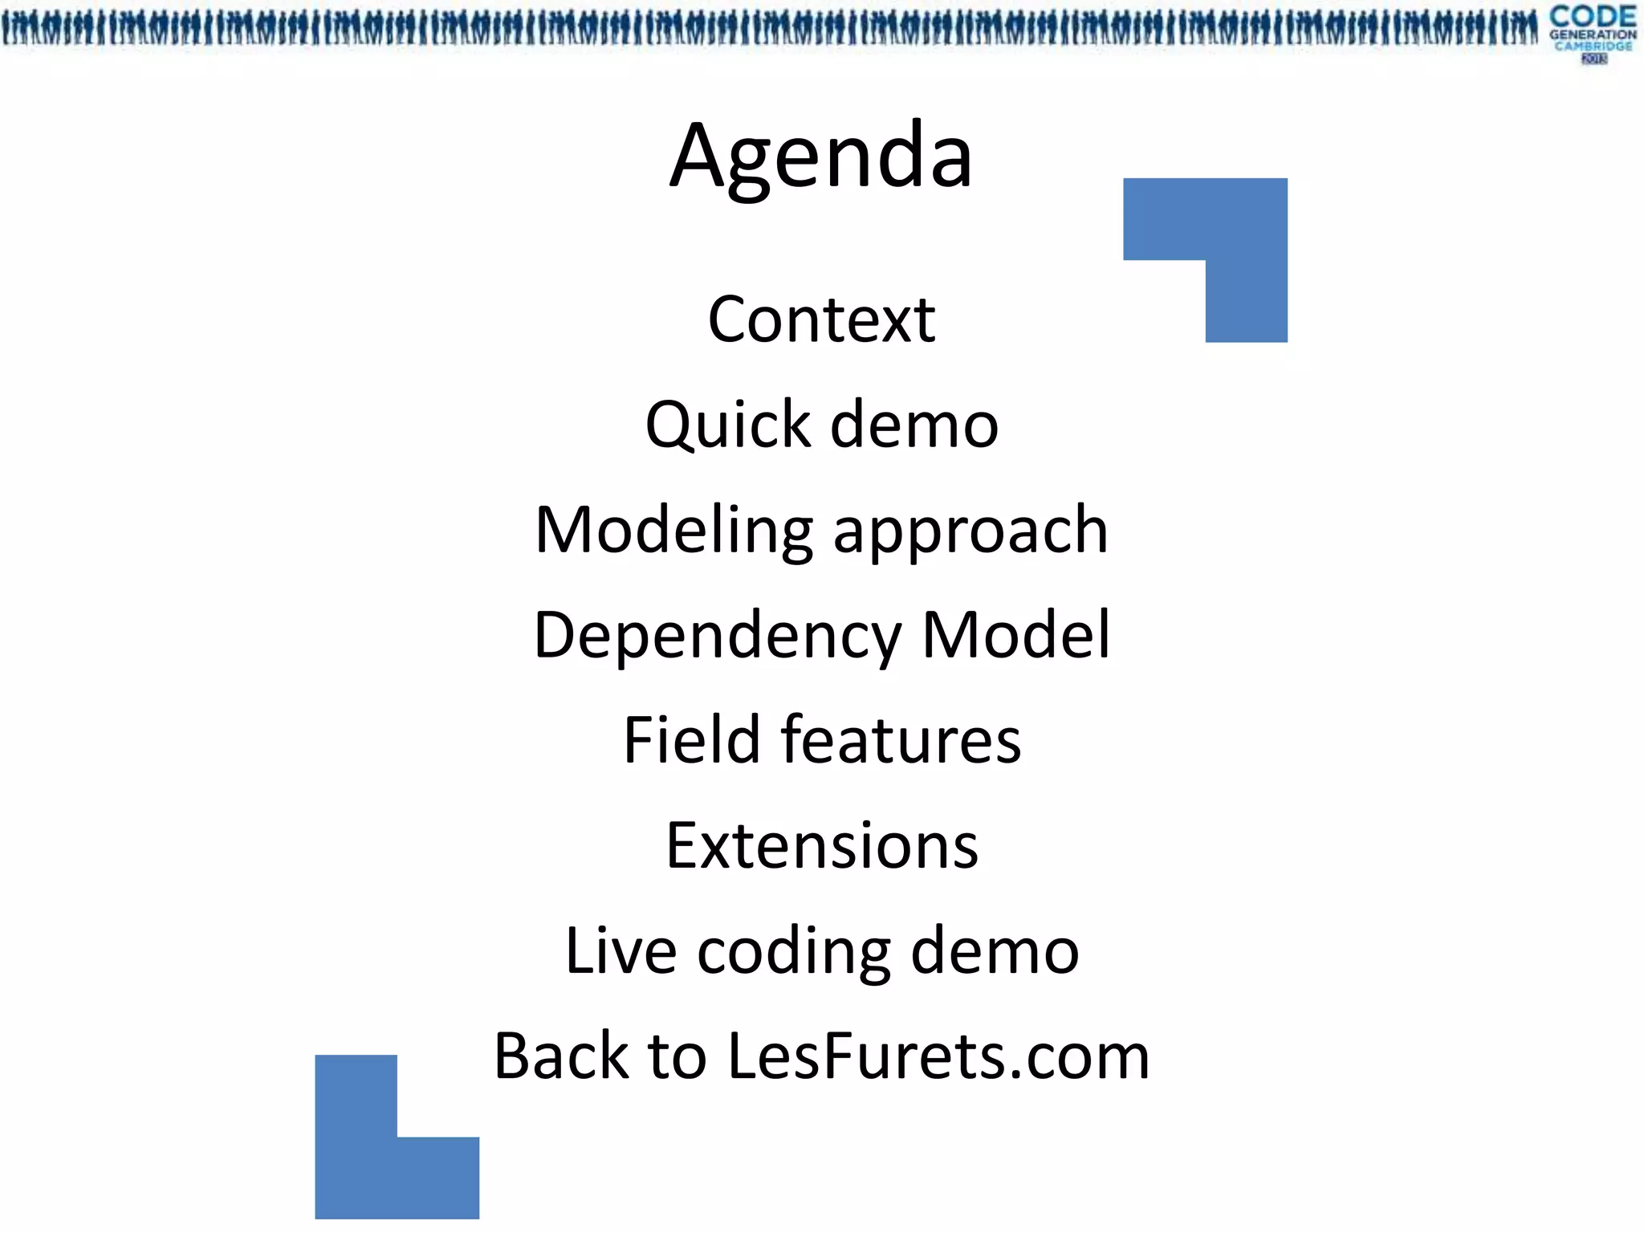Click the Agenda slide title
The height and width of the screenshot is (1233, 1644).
(821, 157)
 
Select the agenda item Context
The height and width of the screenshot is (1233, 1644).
(821, 319)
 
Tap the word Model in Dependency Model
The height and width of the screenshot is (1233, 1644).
(1015, 635)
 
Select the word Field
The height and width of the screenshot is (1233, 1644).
(691, 739)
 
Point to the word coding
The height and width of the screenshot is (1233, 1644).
(794, 953)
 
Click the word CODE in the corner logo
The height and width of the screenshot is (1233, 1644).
(1593, 16)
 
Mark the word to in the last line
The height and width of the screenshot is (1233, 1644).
(677, 1056)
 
